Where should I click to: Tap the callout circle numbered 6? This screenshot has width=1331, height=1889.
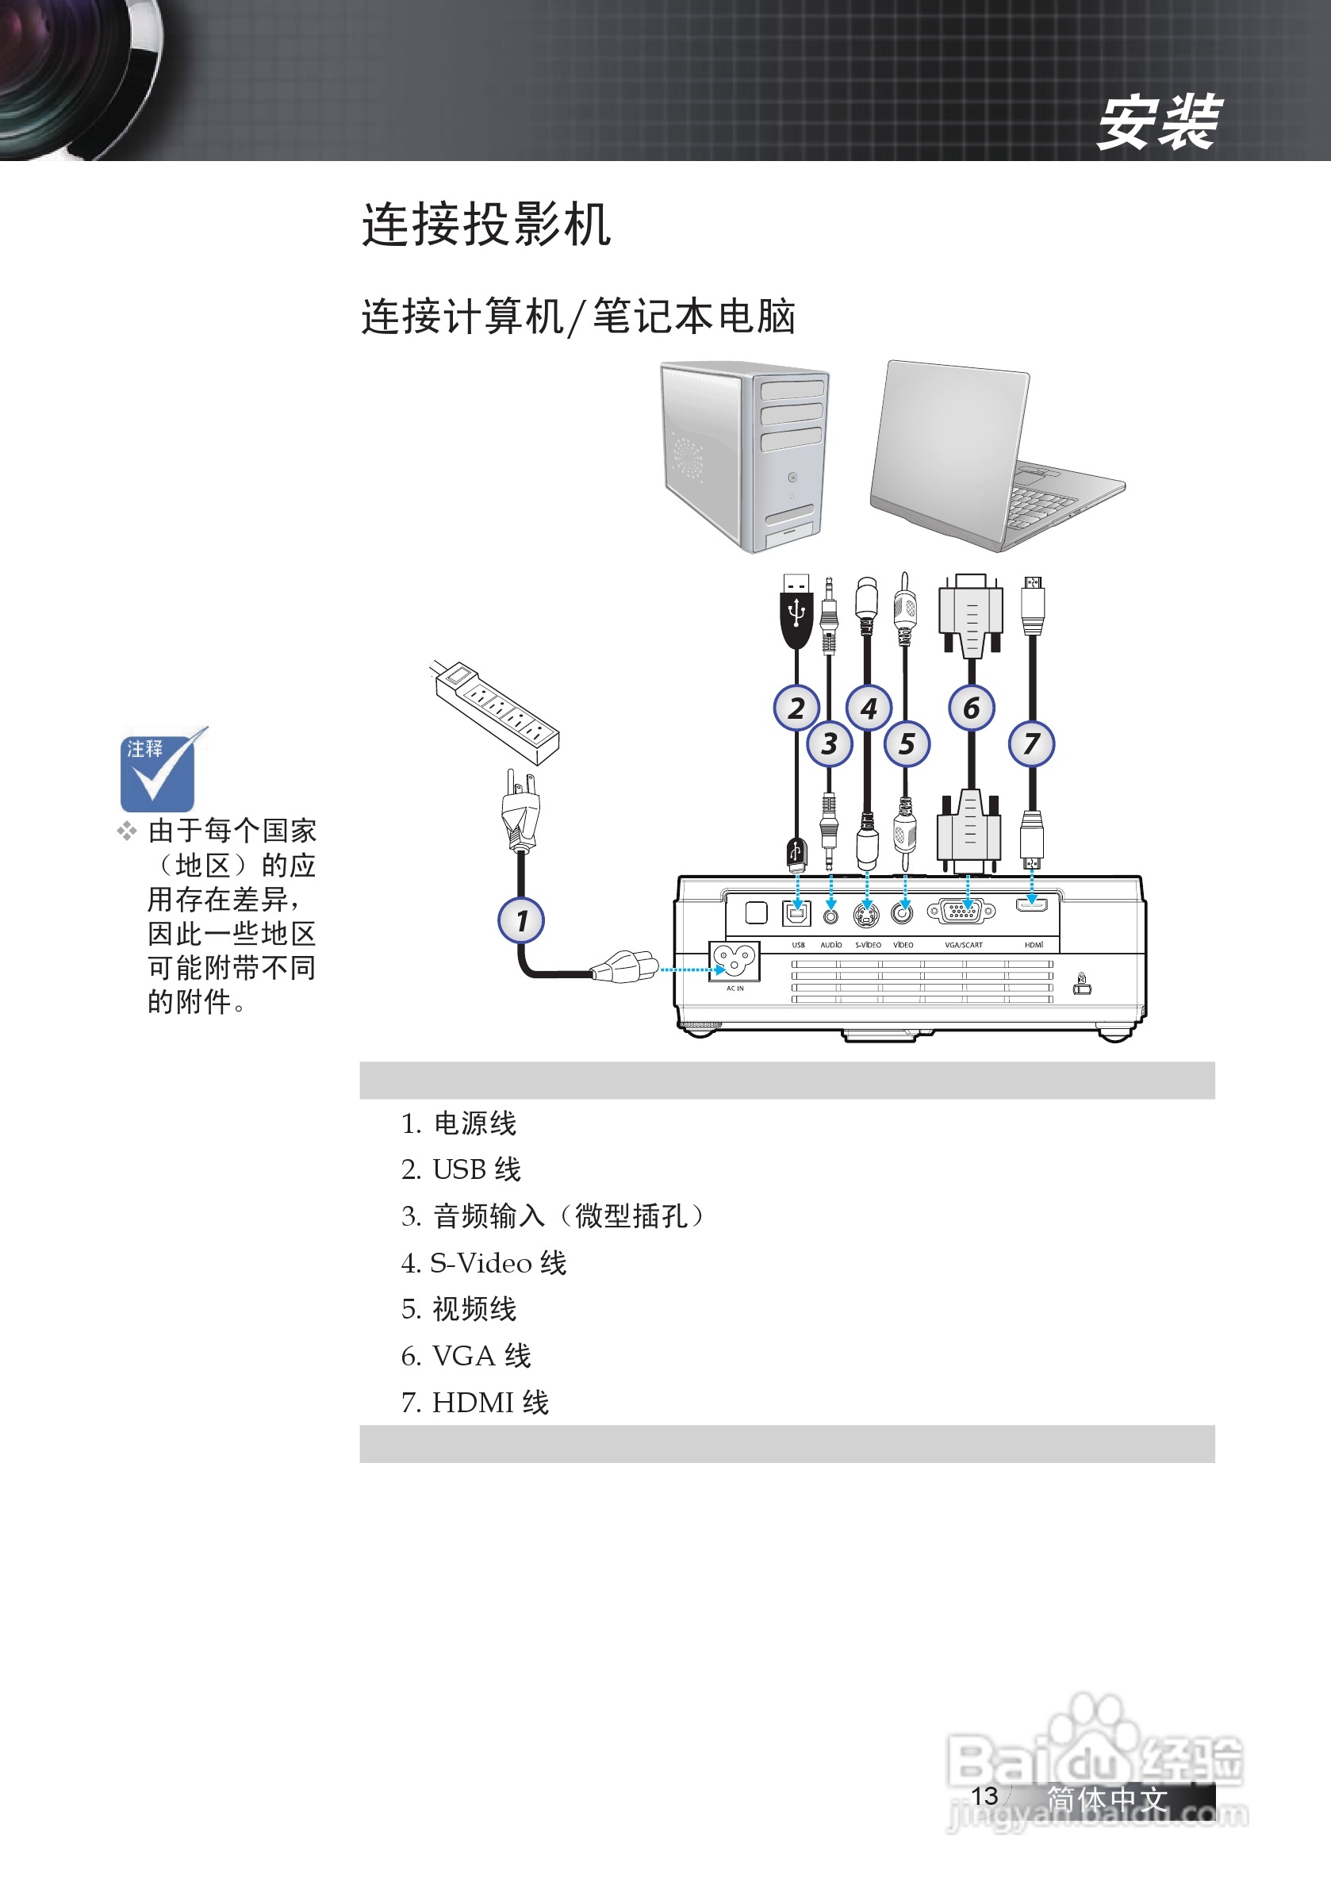point(971,708)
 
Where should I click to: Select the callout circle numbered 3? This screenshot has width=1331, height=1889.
point(829,743)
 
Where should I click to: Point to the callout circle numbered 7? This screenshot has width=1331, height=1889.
point(1032,743)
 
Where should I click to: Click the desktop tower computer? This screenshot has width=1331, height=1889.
point(746,457)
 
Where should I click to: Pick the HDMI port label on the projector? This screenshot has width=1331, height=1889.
point(1034,944)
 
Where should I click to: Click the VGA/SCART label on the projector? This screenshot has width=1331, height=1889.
point(963,944)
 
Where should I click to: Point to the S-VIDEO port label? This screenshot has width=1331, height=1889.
point(868,944)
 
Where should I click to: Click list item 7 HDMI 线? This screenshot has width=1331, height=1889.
point(475,1403)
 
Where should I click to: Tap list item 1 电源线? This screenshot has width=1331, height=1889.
point(459,1123)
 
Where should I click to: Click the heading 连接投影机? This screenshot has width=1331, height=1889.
point(486,225)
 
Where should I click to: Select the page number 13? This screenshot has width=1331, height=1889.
point(984,1795)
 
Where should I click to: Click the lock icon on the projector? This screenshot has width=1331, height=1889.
point(1082,983)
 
